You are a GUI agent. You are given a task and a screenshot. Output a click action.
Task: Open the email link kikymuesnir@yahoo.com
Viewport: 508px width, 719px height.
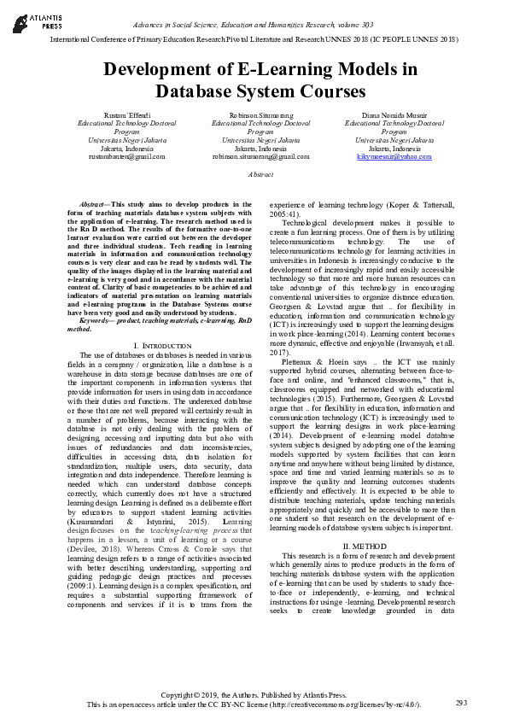pos(394,157)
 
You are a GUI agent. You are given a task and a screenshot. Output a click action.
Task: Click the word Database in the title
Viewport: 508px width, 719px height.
pos(191,91)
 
